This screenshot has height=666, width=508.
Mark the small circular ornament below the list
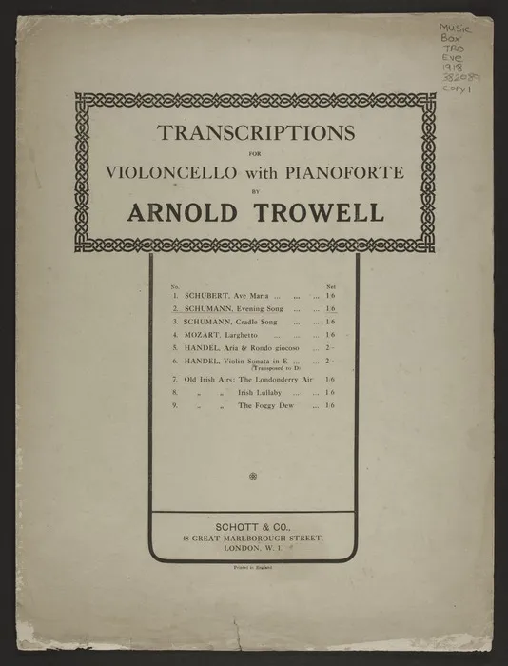pyautogui.click(x=252, y=474)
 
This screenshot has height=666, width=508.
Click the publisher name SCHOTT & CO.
pyautogui.click(x=252, y=526)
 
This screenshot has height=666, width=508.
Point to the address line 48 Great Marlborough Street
pyautogui.click(x=253, y=538)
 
